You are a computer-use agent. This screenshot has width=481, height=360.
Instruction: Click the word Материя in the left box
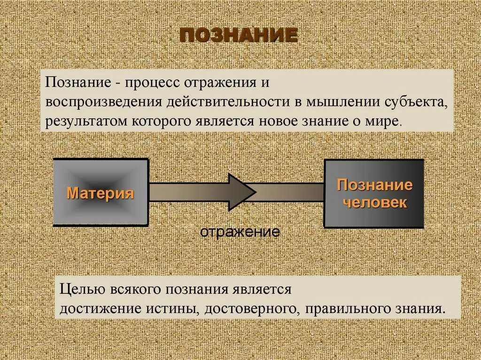point(101,193)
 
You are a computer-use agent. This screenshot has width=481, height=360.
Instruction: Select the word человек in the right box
point(374,203)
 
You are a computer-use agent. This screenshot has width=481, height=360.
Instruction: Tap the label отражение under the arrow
point(240,232)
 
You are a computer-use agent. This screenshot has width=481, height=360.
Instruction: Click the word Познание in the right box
point(374,184)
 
